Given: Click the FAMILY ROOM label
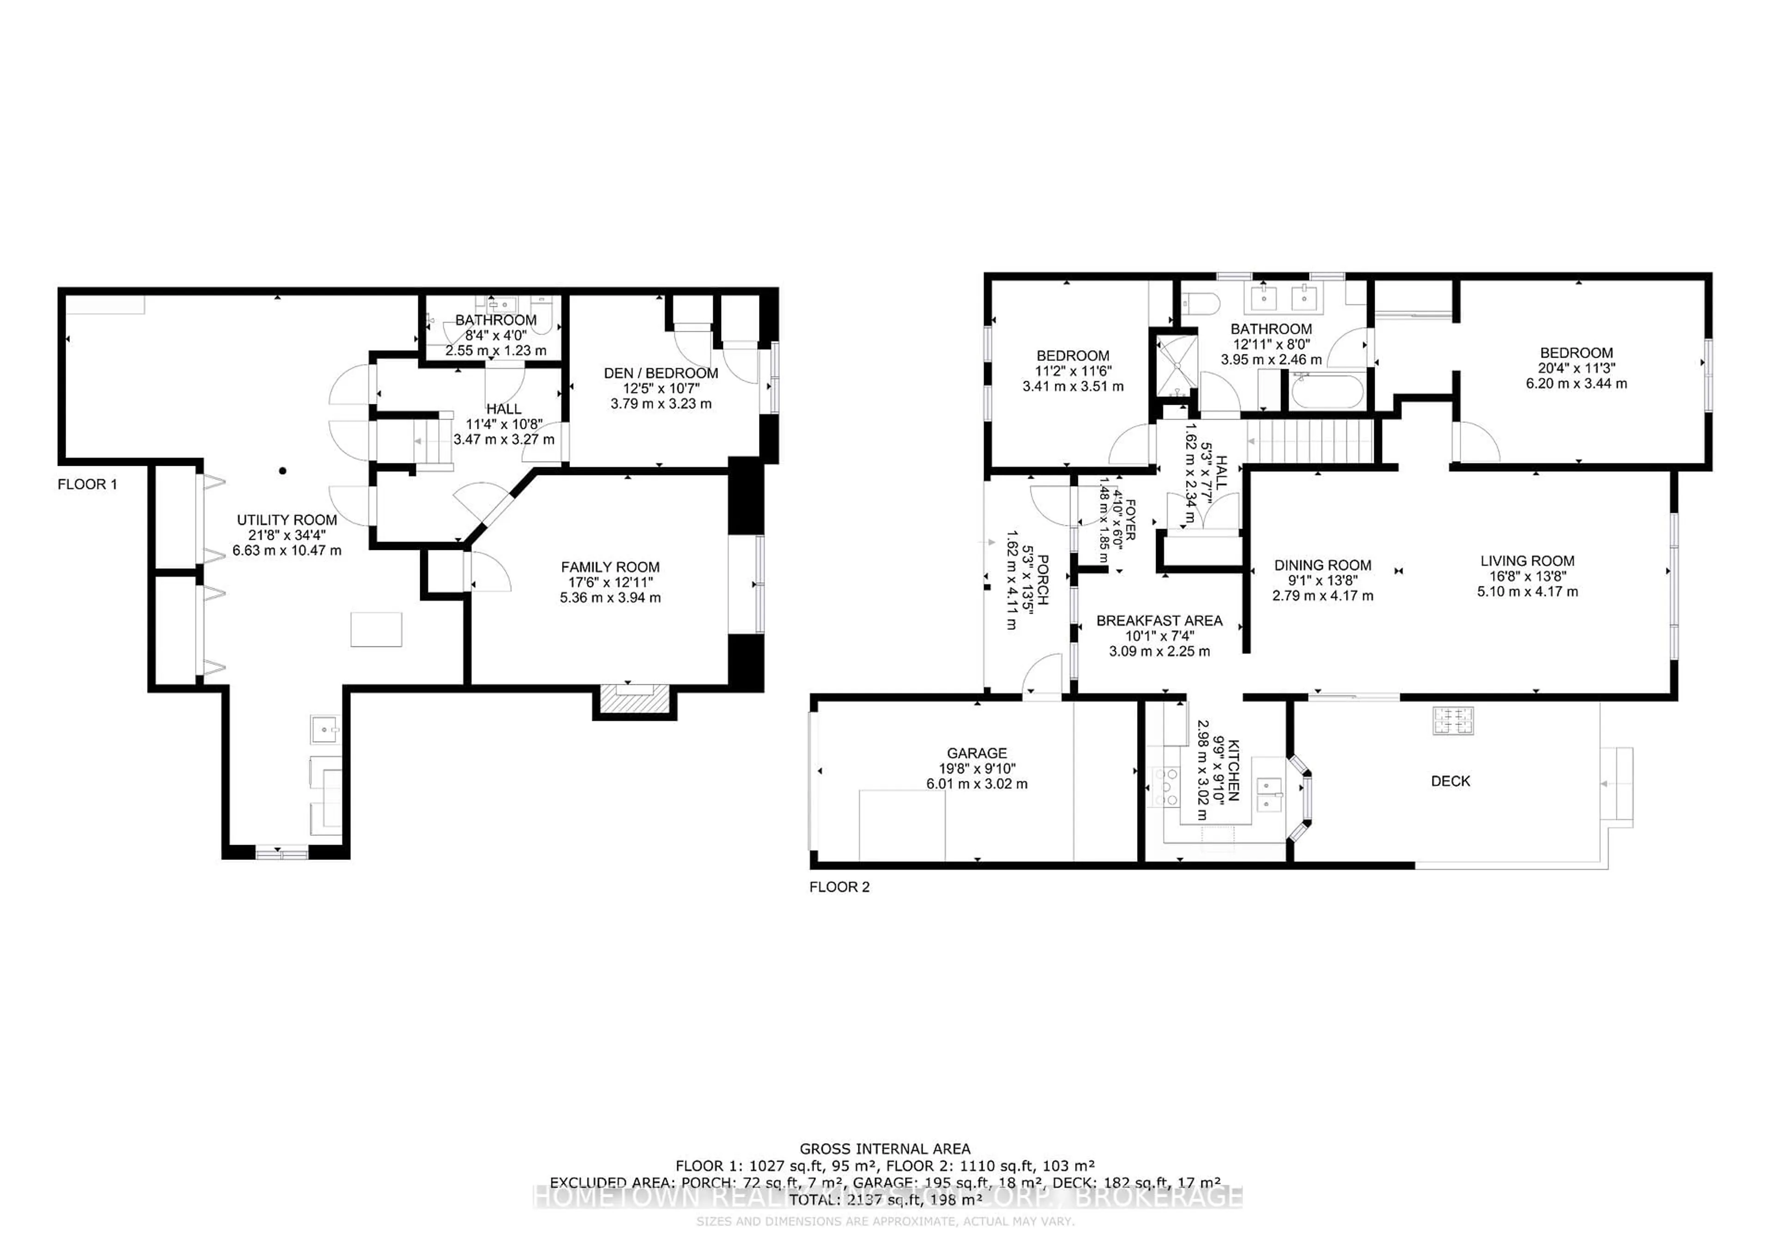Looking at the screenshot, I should click(610, 567).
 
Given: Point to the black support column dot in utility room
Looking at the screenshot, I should click(283, 470).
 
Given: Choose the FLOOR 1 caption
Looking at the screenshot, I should click(87, 485).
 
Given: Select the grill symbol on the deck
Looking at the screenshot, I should click(1453, 720).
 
